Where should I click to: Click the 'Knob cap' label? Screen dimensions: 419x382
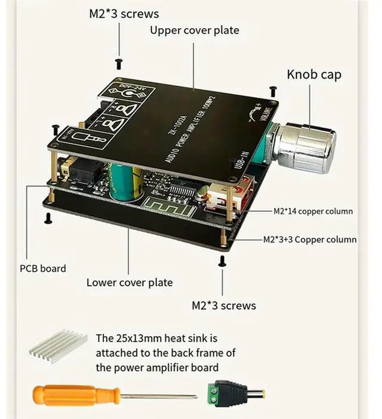click(314, 75)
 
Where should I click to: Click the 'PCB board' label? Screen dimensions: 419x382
click(43, 268)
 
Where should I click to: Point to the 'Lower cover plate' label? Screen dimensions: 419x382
click(130, 283)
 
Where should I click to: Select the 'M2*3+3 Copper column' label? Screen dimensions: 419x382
click(310, 240)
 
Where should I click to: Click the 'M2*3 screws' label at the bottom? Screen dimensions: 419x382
click(224, 306)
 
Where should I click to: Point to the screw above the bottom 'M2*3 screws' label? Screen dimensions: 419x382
click(222, 260)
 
